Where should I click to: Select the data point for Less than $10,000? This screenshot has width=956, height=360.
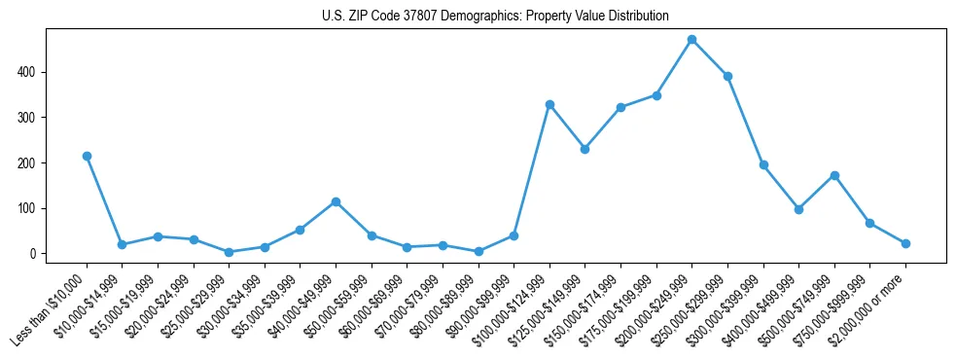tap(87, 156)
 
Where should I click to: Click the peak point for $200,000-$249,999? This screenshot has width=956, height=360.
tap(691, 40)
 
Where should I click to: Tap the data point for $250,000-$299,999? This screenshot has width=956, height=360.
tap(727, 76)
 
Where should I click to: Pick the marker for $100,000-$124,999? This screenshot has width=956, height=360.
tap(549, 104)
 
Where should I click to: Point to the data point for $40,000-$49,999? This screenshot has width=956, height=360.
tap(336, 201)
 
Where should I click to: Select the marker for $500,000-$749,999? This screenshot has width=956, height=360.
tap(834, 175)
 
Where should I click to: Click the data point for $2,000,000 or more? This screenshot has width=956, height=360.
tap(905, 243)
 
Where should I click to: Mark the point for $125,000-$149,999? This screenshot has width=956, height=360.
tap(584, 149)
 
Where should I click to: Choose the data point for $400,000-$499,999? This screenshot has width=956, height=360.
tap(798, 209)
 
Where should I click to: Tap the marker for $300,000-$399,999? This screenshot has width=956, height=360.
tap(763, 164)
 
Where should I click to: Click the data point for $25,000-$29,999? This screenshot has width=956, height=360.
tap(229, 252)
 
